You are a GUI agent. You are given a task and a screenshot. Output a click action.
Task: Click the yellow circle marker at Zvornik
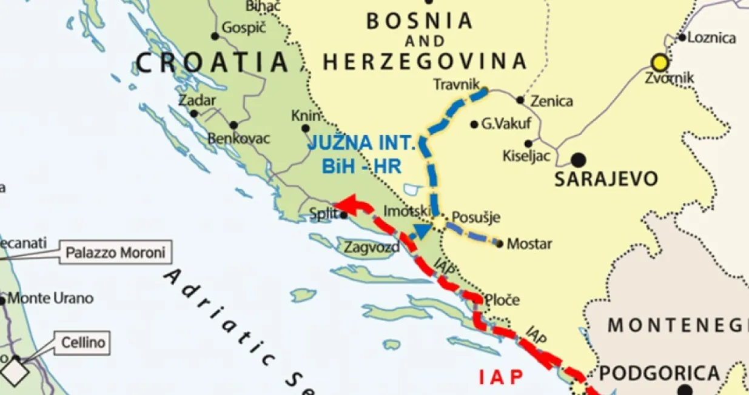[x=659, y=62]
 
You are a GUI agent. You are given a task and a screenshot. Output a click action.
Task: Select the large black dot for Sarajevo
[x=579, y=160]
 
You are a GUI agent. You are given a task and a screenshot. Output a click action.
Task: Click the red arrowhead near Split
[x=344, y=205]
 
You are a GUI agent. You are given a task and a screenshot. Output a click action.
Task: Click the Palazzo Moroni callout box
[x=115, y=252]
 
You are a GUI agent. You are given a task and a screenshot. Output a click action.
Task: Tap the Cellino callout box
[x=83, y=344]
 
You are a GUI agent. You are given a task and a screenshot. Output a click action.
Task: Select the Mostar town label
[x=529, y=244]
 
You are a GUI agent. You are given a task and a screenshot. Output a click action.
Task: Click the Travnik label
[x=457, y=84]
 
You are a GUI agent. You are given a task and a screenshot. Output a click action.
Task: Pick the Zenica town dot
[x=520, y=100]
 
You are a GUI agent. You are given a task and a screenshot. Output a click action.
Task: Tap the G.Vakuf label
[x=506, y=124]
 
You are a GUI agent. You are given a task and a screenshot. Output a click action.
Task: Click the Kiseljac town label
[x=526, y=156]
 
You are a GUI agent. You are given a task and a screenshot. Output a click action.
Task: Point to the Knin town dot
[x=306, y=128]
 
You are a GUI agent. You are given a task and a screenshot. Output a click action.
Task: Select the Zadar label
[x=193, y=101]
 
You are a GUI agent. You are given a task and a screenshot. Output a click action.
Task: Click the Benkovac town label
[x=238, y=139]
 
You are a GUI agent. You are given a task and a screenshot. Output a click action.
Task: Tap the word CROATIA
[x=212, y=62]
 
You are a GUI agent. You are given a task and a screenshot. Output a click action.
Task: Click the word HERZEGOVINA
[x=425, y=61]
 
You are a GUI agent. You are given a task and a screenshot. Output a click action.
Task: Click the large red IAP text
[x=501, y=377]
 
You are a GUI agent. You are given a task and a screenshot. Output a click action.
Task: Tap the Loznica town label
[x=712, y=38]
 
